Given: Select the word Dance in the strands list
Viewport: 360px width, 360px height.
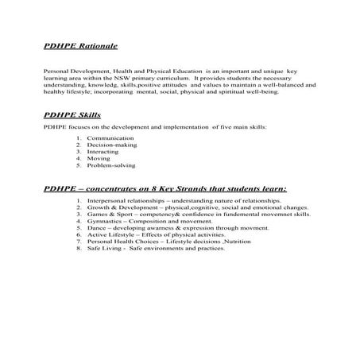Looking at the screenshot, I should tap(96, 229).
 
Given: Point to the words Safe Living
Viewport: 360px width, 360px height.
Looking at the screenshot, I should tap(104, 248).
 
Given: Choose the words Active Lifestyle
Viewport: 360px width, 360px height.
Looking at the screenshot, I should tap(110, 235).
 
